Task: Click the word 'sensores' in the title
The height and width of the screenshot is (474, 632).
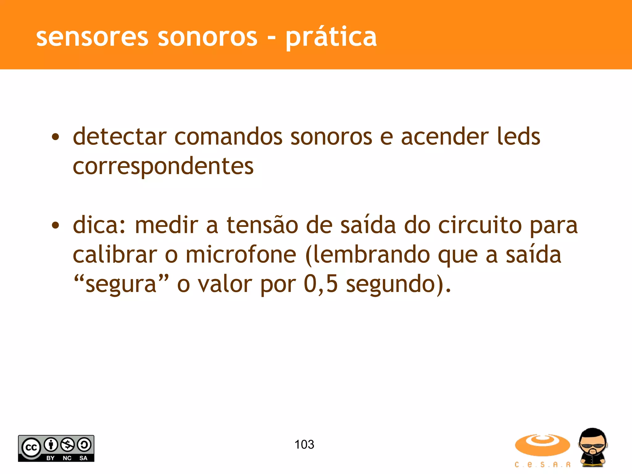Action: (92, 37)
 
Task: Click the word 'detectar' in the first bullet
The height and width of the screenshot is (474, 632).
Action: (120, 137)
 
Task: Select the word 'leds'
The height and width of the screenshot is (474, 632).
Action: (518, 137)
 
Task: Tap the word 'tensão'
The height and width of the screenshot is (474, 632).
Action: (262, 225)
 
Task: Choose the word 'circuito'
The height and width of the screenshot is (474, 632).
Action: (480, 225)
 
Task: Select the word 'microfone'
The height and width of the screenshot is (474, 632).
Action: (241, 255)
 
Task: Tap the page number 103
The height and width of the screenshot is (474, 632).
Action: (304, 445)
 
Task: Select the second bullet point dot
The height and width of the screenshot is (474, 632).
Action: (55, 226)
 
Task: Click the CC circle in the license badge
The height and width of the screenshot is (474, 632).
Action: (31, 447)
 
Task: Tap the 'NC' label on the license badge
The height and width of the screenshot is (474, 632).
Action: (67, 458)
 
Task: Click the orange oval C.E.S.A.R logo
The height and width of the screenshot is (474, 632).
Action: (542, 445)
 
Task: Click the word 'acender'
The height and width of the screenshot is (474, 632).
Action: (445, 137)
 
